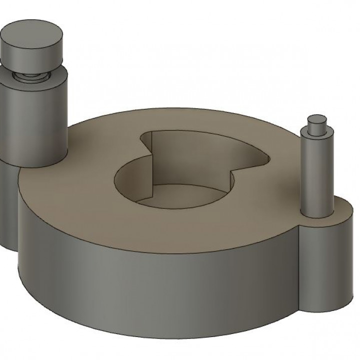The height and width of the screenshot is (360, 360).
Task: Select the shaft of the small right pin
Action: point(316,175)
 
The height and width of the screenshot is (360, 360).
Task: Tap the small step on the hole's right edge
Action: point(231,174)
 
